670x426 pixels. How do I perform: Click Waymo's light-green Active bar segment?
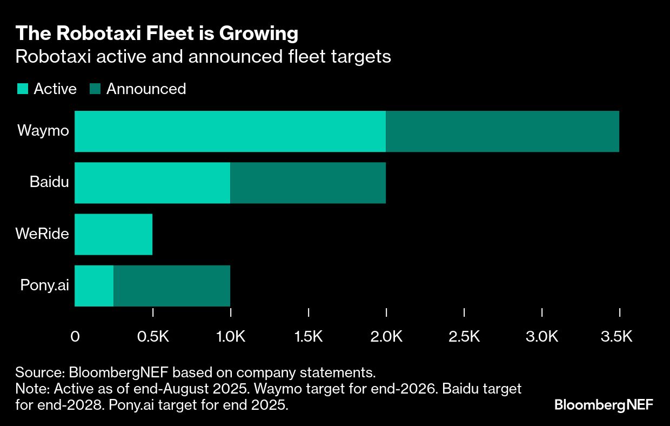click(230, 131)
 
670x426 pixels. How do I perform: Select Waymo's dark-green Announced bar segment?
click(502, 131)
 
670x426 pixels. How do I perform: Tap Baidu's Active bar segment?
click(152, 183)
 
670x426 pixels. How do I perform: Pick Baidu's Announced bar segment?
click(308, 183)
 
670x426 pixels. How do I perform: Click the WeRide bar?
click(113, 234)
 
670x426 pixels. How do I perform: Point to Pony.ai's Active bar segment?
click(94, 286)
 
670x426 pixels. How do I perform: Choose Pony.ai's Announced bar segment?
click(172, 286)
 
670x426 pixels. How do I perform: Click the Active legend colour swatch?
click(22, 89)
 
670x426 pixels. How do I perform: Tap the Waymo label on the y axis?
click(43, 131)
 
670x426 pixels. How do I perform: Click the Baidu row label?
click(49, 182)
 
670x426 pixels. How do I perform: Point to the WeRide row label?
click(42, 234)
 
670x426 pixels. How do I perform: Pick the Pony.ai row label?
click(45, 285)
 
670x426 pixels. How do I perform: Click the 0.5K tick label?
click(153, 337)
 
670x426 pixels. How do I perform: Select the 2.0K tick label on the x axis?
click(386, 337)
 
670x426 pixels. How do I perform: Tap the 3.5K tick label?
click(617, 337)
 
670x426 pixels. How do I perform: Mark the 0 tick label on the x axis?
click(75, 337)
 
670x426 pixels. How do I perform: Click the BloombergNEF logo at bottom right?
click(604, 405)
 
